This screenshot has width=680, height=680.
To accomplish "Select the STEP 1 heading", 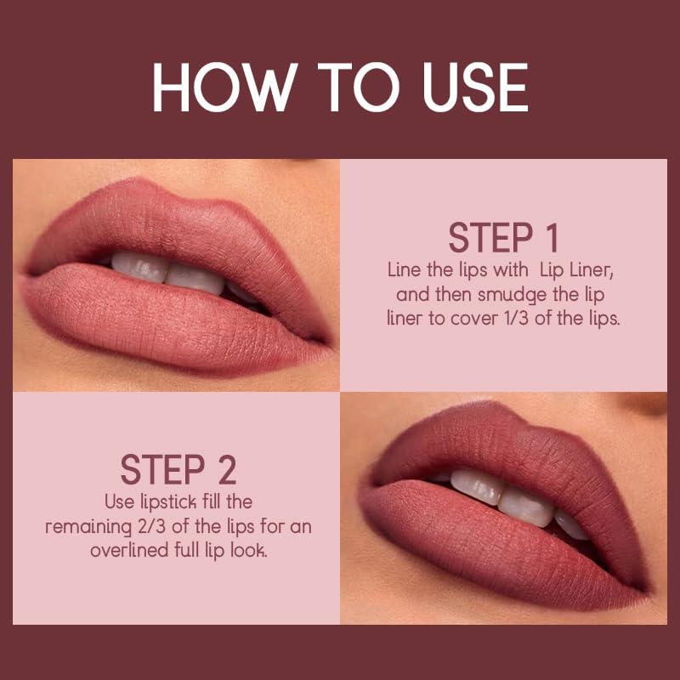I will (504, 238).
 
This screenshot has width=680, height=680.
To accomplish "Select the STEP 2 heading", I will (178, 469).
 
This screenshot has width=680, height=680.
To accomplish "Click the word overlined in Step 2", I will (130, 551).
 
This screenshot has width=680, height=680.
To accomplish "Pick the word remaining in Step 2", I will (82, 527).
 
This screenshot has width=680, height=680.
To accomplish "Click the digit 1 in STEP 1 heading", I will (549, 238).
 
